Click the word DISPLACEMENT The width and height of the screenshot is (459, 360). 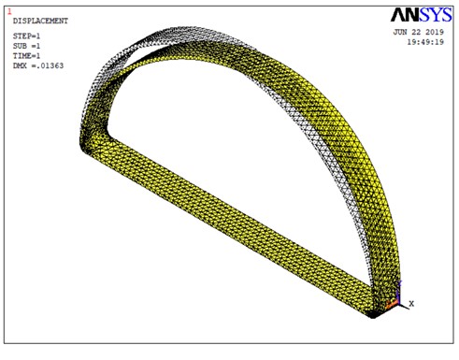pyautogui.click(x=40, y=21)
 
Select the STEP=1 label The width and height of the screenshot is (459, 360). pyautogui.click(x=26, y=36)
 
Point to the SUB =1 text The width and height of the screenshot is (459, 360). pyautogui.click(x=26, y=46)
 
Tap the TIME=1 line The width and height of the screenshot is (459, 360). pyautogui.click(x=26, y=56)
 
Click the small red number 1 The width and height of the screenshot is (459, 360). pyautogui.click(x=9, y=12)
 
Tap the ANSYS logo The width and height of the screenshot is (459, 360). pyautogui.click(x=422, y=15)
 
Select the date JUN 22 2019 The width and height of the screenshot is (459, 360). pyautogui.click(x=418, y=32)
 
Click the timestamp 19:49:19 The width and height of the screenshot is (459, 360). pyautogui.click(x=425, y=42)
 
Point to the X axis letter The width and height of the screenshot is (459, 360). pyautogui.click(x=411, y=303)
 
